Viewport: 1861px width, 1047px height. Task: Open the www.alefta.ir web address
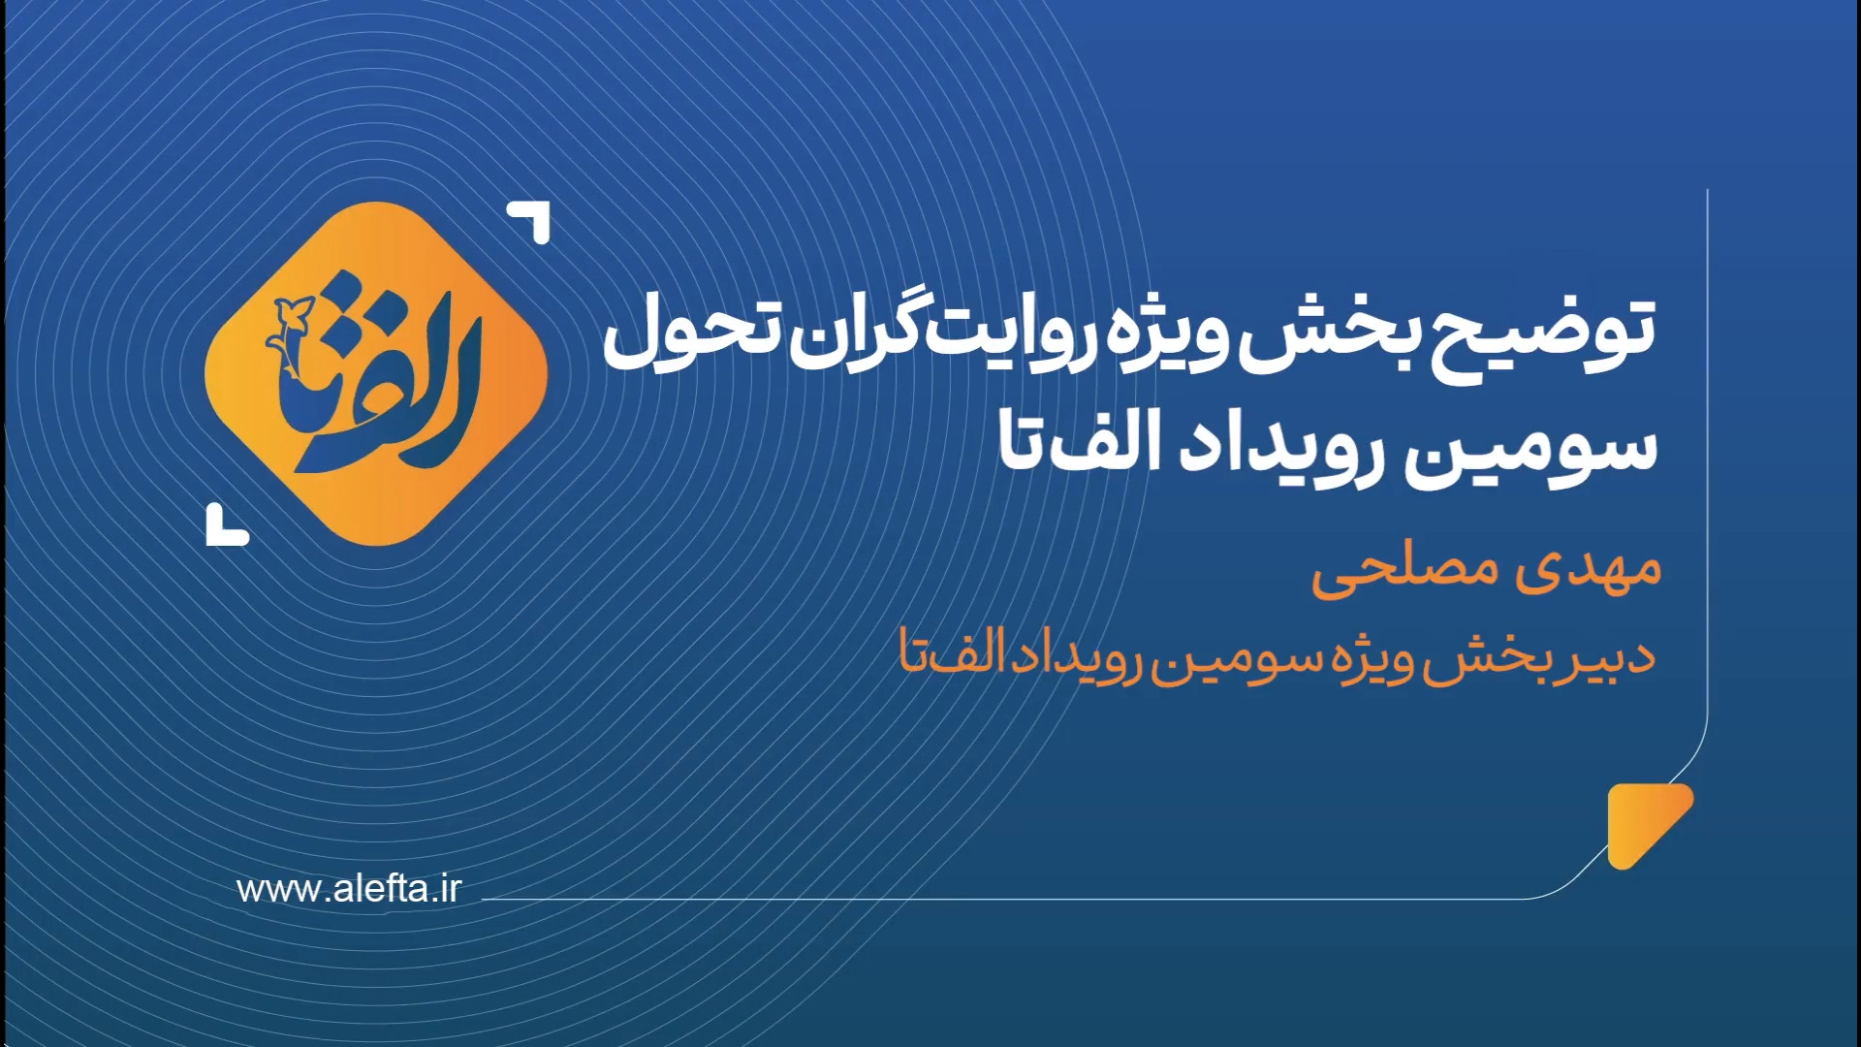coord(349,889)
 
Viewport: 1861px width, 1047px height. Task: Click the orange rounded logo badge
coord(377,374)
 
